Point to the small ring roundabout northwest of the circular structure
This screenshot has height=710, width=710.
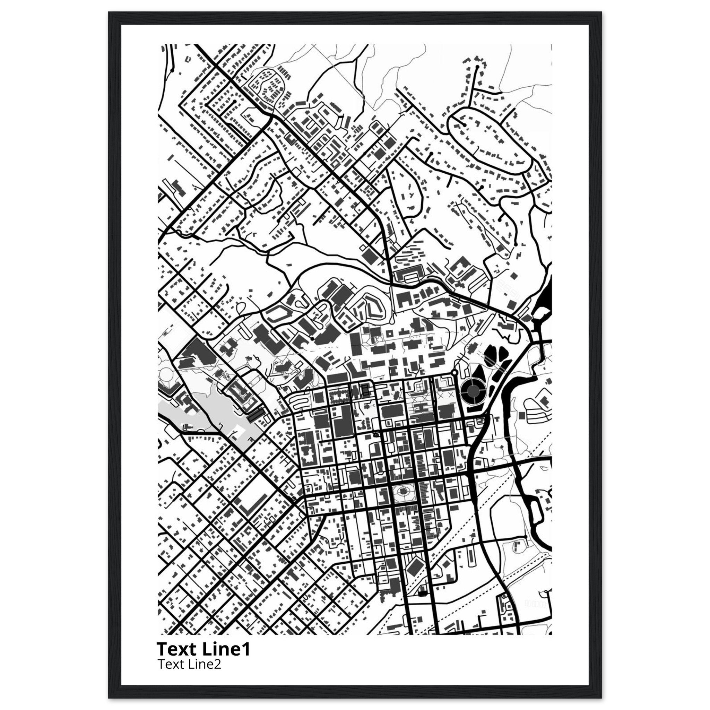point(455,373)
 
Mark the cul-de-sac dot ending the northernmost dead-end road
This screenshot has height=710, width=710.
point(477,67)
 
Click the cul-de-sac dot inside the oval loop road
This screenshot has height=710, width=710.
point(465,125)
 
